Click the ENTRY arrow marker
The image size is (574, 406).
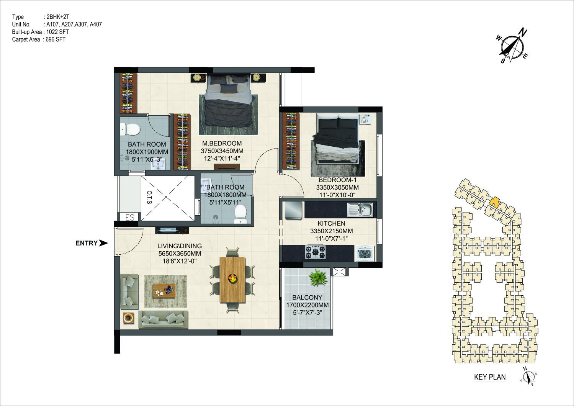click(103, 243)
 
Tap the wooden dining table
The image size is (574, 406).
click(232, 280)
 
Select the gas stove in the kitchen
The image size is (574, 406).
click(316, 252)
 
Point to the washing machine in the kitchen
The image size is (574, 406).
click(364, 253)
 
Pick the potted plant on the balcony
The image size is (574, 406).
click(318, 278)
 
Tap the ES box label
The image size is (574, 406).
click(130, 217)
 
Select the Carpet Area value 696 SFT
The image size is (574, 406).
click(56, 39)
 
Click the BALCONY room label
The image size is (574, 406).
click(307, 297)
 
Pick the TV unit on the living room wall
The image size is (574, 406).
click(172, 230)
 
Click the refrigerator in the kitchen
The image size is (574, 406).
click(293, 210)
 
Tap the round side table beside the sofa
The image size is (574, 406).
click(128, 318)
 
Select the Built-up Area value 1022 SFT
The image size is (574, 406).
click(57, 32)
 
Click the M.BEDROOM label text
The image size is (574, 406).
click(222, 143)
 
